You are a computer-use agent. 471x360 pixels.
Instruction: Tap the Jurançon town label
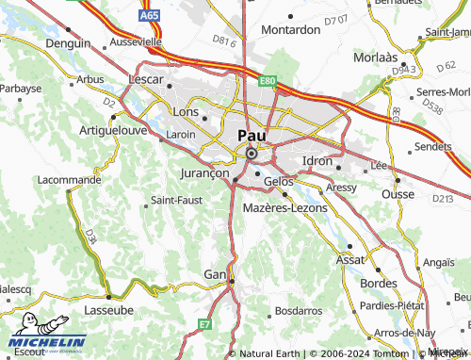click(x=203, y=174)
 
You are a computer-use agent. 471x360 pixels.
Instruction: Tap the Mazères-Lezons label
click(x=284, y=206)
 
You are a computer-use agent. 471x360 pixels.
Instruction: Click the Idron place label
click(x=317, y=161)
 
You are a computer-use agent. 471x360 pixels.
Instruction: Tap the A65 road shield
click(x=149, y=17)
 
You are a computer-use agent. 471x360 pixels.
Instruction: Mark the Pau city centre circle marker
click(x=251, y=154)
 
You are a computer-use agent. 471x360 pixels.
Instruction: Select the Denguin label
click(x=69, y=43)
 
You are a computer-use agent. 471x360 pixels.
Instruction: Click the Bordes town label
click(x=379, y=283)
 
